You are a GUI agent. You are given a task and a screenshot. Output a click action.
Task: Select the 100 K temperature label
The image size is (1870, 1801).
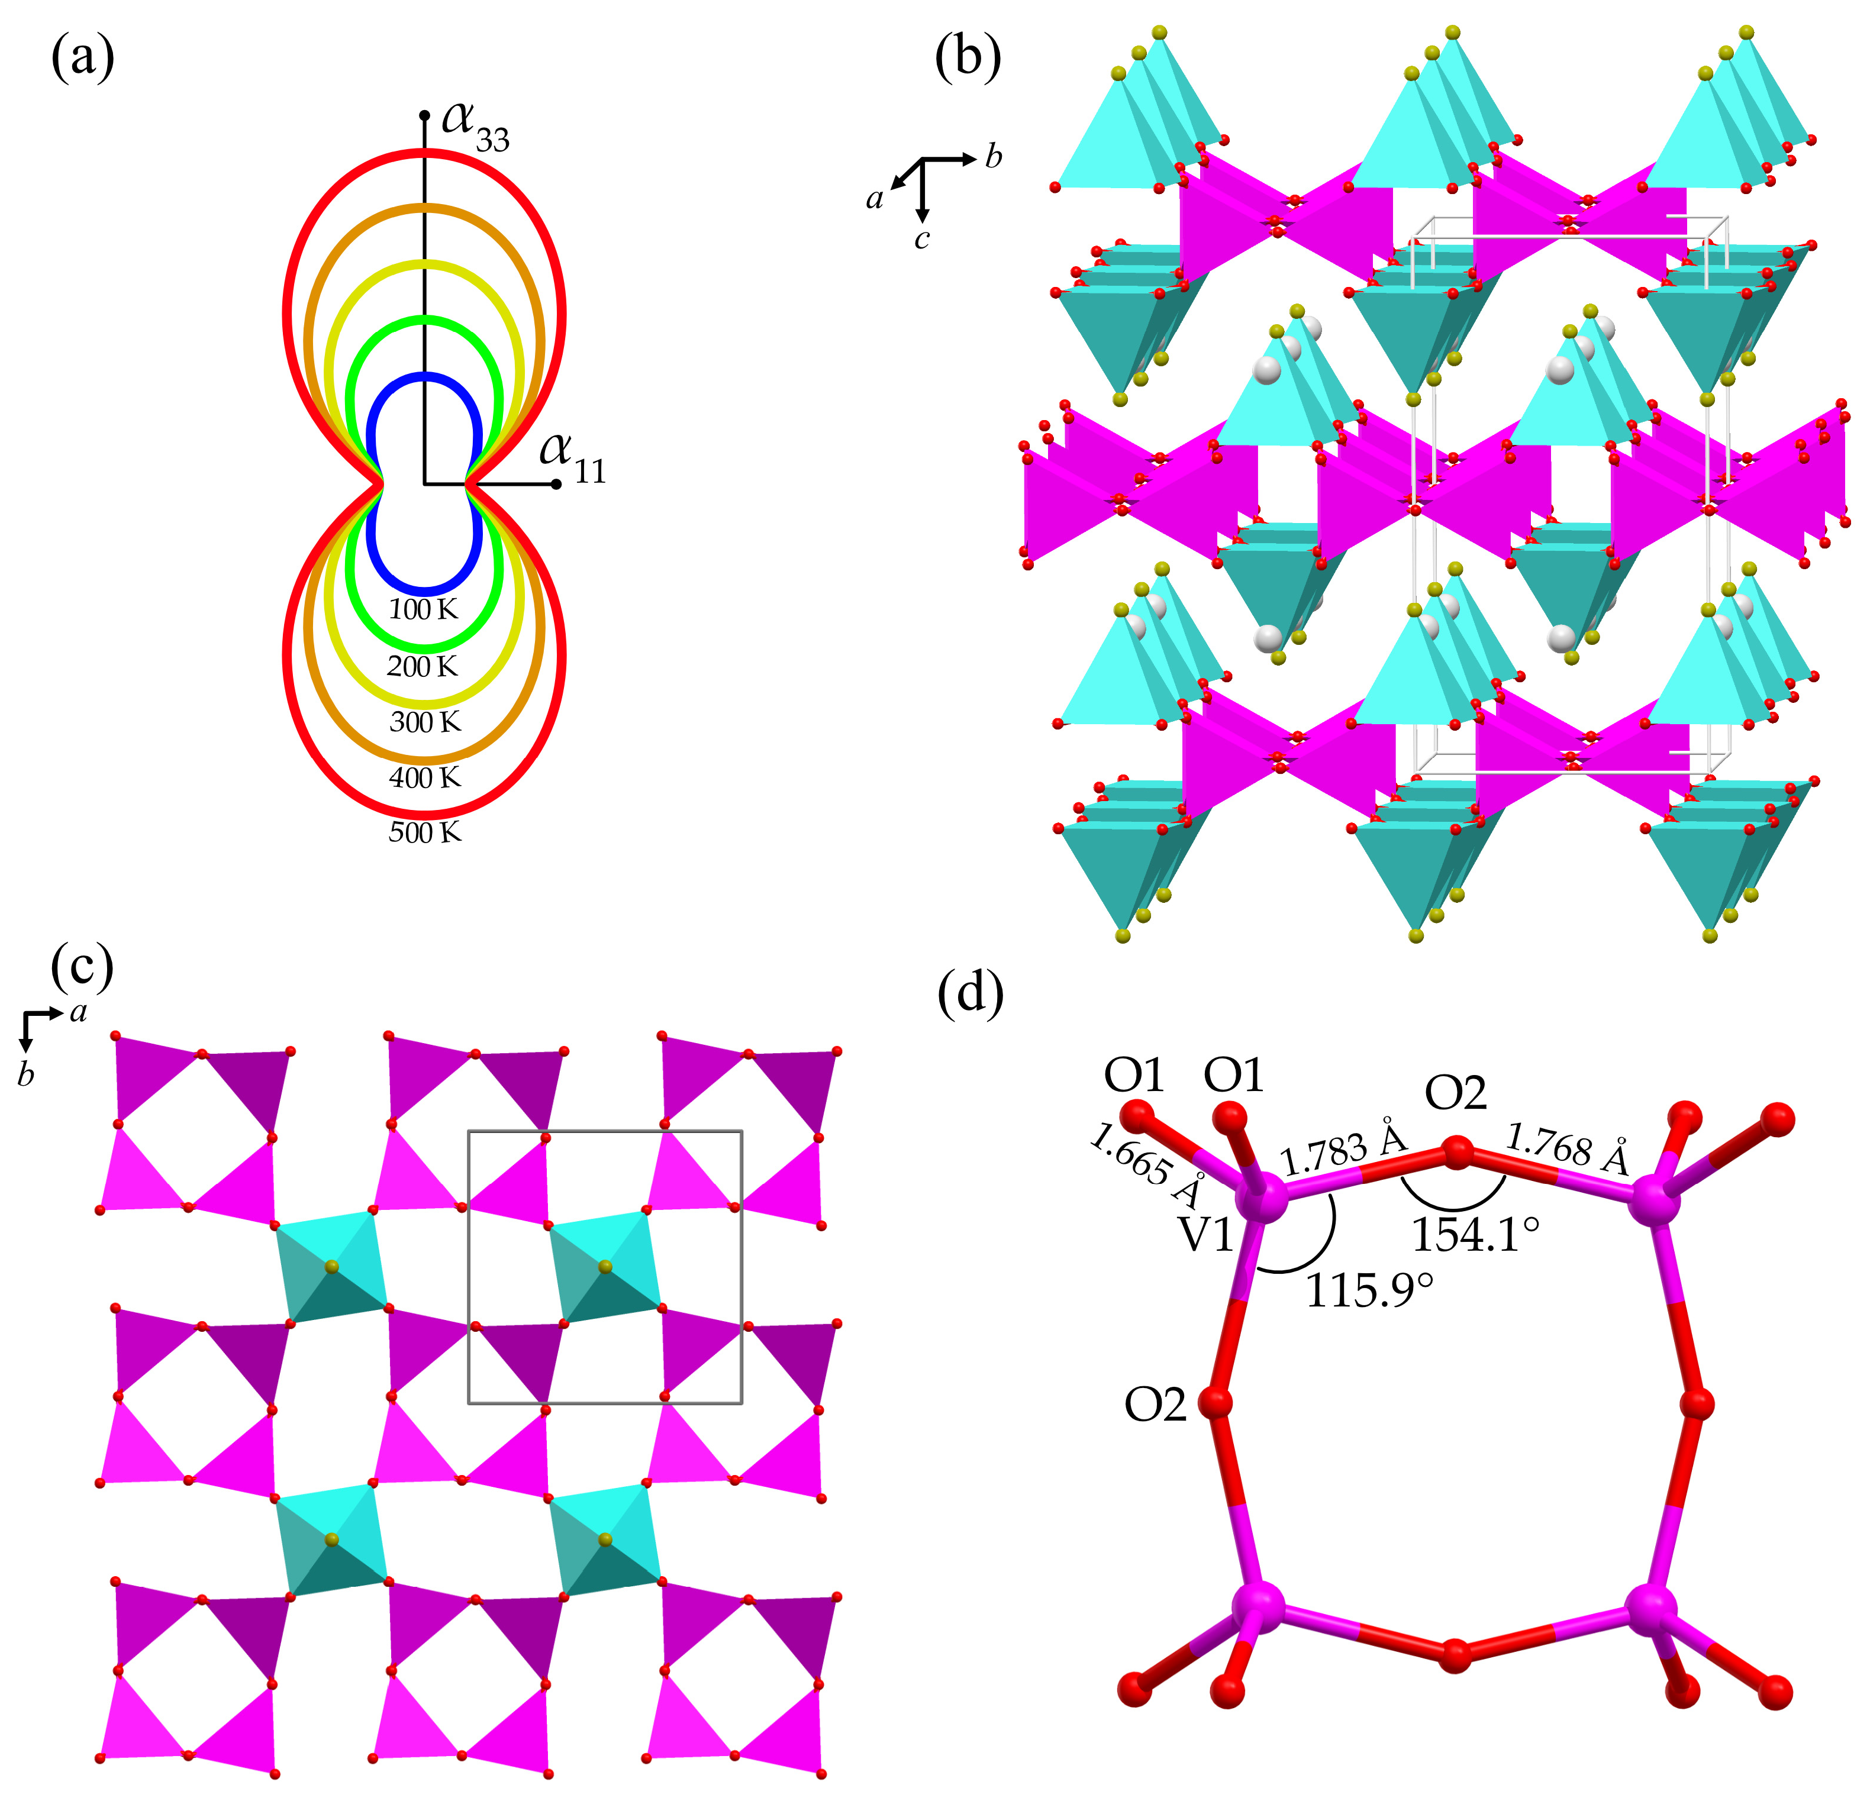point(424,609)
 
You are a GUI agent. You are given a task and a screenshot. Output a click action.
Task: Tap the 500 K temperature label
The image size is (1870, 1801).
point(424,833)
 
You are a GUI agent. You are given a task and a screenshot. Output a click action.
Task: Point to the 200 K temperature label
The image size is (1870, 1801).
point(423,666)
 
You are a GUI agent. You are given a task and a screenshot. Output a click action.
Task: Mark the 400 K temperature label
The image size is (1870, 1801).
point(424,777)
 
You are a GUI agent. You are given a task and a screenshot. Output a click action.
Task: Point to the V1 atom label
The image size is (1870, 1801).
point(1207,1235)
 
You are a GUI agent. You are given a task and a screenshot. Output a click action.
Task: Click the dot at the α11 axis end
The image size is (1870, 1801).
point(556,483)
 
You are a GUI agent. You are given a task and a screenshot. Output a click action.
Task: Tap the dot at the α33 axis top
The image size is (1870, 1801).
point(424,115)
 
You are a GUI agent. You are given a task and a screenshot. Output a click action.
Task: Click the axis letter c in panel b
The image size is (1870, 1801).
point(921,240)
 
